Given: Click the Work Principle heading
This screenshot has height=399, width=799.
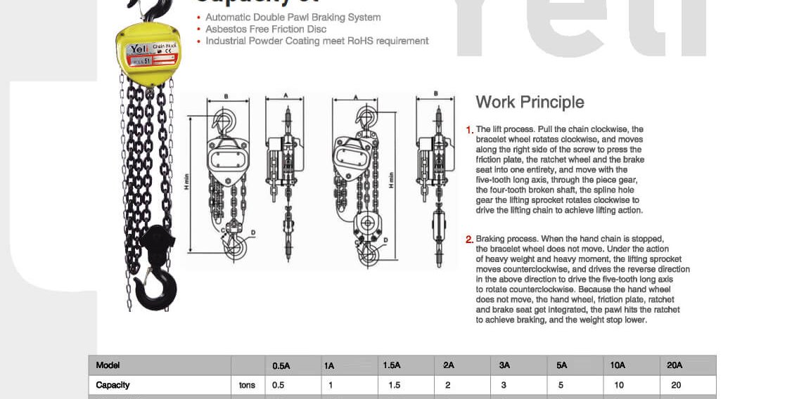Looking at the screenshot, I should [x=530, y=103].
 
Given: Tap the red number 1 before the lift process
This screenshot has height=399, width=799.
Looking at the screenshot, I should [x=469, y=130].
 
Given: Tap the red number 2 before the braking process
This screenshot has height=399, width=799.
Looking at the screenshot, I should [x=469, y=240].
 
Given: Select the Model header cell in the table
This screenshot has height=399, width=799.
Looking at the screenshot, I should [x=108, y=365].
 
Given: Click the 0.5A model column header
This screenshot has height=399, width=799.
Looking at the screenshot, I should [x=281, y=365].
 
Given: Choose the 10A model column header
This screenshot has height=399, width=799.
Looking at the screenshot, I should [x=618, y=365].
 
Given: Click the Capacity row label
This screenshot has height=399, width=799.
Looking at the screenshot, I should [x=113, y=385].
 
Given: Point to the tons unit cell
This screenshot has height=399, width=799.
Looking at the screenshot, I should [x=247, y=385].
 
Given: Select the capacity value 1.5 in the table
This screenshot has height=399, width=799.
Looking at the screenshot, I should [x=394, y=385].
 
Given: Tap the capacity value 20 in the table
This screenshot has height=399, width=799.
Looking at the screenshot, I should [x=676, y=385].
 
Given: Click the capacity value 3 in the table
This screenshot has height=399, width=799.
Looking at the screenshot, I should [x=504, y=385].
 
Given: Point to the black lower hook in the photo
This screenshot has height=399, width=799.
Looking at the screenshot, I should [x=156, y=274].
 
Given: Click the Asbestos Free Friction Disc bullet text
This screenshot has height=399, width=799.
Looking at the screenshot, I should [x=266, y=30].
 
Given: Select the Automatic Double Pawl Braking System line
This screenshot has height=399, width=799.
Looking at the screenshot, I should [x=293, y=18].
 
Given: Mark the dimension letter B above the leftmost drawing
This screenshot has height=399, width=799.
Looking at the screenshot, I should [x=226, y=96].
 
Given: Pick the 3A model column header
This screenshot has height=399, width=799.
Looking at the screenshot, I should [x=504, y=365].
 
